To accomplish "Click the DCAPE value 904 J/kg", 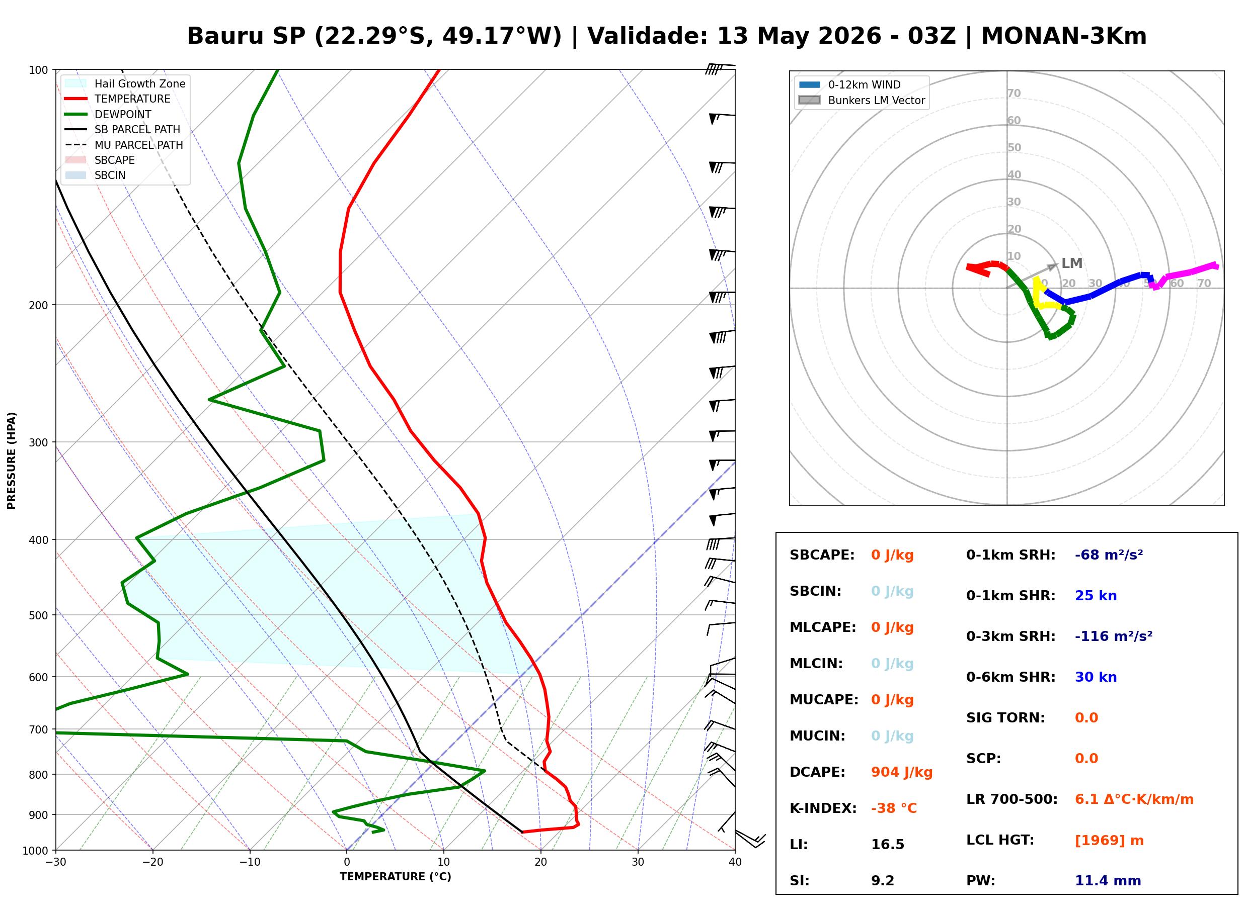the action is [x=902, y=772].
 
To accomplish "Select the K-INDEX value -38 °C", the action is [x=894, y=808].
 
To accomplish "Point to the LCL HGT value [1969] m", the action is [x=1109, y=841].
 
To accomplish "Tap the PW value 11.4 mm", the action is [x=1108, y=881].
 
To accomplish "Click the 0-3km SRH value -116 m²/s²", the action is [x=1114, y=636].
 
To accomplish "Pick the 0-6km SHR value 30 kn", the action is [x=1096, y=677].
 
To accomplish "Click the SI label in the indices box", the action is [x=799, y=881].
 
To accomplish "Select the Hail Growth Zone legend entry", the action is [x=125, y=83].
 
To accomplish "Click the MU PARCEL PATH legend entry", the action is [x=124, y=145].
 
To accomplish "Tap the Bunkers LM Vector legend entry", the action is [x=862, y=100].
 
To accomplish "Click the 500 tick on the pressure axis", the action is [x=39, y=615].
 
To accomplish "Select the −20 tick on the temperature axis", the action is [x=152, y=862].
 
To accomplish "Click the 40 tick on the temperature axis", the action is [x=735, y=862].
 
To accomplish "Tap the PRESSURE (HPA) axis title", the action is [x=12, y=461].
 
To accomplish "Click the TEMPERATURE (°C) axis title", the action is [x=396, y=877].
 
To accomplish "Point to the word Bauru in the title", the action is [x=227, y=36].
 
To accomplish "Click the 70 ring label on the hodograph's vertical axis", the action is [x=1014, y=93].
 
